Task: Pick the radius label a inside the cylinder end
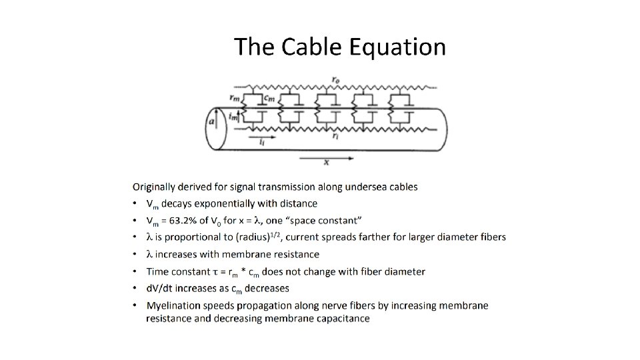[212, 122]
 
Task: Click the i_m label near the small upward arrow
[233, 116]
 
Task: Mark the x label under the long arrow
[326, 162]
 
